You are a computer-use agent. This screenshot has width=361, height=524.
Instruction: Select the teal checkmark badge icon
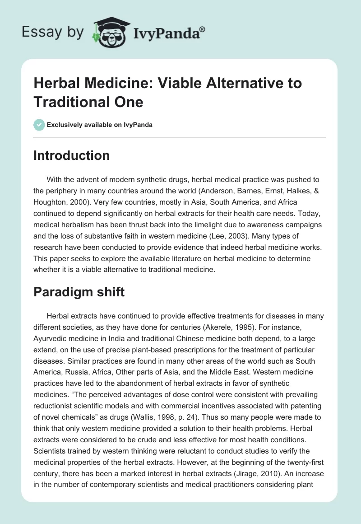[x=39, y=125]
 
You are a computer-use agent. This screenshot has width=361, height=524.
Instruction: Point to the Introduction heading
[x=72, y=155]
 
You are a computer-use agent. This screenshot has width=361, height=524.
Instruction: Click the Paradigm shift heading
[x=79, y=292]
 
